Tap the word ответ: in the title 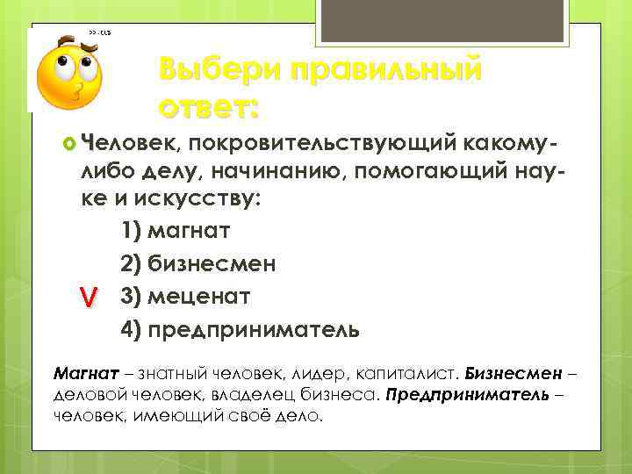pyautogui.click(x=210, y=108)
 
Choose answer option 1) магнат pyautogui.click(x=175, y=232)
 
